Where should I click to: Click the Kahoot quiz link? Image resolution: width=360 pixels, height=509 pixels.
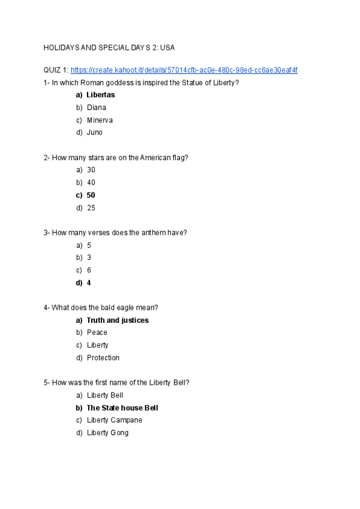(x=184, y=70)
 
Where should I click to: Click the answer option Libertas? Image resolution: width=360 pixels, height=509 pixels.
(x=100, y=95)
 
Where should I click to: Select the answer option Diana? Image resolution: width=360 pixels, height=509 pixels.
(x=96, y=107)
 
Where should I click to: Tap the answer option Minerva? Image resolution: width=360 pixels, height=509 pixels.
(x=100, y=120)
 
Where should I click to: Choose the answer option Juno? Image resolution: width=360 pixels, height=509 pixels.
(x=94, y=133)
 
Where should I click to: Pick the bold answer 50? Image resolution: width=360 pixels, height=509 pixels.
(x=91, y=195)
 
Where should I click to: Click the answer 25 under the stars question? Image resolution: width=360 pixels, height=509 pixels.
(x=91, y=208)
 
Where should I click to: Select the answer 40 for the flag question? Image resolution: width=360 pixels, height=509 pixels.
(x=91, y=182)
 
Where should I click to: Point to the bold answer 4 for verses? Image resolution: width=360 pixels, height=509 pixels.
(x=89, y=283)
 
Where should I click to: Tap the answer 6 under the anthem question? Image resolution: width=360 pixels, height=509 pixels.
(x=89, y=270)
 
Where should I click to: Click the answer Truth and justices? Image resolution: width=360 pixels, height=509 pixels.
(x=118, y=320)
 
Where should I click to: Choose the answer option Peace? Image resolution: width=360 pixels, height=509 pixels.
(x=97, y=333)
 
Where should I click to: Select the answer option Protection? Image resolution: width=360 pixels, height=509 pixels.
(x=103, y=358)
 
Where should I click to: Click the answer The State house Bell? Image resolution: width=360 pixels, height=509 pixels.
(x=122, y=408)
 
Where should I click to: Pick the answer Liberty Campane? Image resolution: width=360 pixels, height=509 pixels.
(x=115, y=420)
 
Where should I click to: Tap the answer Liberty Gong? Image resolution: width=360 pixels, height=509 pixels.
(x=107, y=433)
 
